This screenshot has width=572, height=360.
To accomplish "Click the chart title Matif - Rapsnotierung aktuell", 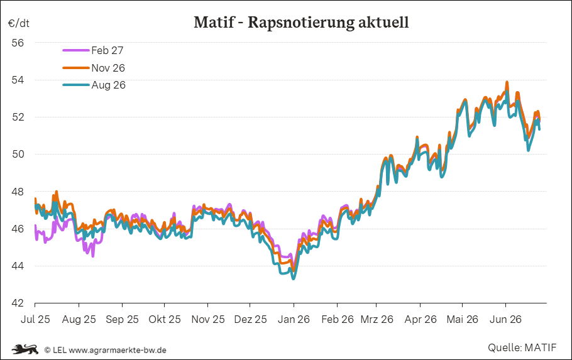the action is [x=301, y=22].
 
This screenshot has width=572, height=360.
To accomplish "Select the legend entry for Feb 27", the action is [x=93, y=50].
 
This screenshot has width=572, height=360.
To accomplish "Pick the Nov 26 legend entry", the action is [x=94, y=68].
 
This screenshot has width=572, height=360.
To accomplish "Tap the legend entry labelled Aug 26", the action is [x=94, y=85].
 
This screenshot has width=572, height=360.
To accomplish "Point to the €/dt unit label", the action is [x=19, y=23].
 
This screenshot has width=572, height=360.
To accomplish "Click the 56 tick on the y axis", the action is [x=18, y=43].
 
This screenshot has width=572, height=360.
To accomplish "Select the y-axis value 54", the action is [x=18, y=80].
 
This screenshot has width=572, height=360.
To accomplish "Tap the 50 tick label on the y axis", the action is [x=18, y=155].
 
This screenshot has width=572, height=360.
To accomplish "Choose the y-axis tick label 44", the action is [x=18, y=266].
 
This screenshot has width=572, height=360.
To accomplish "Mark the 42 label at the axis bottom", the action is [x=18, y=303].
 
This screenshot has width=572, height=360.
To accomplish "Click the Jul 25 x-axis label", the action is [x=35, y=319].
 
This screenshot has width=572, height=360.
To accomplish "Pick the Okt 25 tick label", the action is [x=165, y=319].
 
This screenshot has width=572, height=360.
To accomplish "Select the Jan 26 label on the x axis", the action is [x=294, y=319].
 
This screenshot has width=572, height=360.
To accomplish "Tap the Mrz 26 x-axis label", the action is [x=377, y=319].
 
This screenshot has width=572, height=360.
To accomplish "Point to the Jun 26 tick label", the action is [x=505, y=319].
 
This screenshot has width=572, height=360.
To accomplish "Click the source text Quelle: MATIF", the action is [x=522, y=347].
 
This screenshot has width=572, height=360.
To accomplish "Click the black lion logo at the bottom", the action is [x=25, y=349].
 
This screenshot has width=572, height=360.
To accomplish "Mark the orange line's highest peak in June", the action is [x=507, y=82].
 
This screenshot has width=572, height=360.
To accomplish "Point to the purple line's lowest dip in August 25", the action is [x=93, y=256].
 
